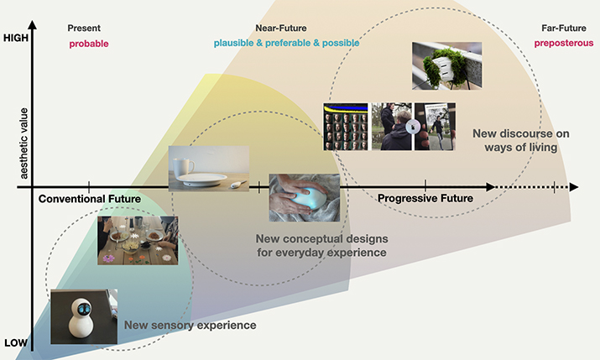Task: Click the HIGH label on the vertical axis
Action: pos(16,38)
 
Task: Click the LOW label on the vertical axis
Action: pos(16,342)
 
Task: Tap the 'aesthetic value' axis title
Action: pos(23,143)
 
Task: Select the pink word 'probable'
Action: pos(89,44)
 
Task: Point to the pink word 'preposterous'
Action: pos(564,44)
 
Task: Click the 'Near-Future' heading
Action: pos(281,29)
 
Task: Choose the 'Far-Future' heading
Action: pos(564,29)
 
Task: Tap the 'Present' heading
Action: pos(84,29)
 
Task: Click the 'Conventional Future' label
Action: pos(90,199)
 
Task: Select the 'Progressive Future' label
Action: pos(425,198)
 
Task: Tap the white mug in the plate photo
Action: pos(183,168)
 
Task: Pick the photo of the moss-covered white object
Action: pos(447,65)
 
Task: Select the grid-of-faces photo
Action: pos(346,127)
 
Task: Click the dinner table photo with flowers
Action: pos(138,240)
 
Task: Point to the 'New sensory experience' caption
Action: pos(190,326)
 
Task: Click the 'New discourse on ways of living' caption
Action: pos(521,140)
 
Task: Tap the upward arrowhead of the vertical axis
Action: pos(33,25)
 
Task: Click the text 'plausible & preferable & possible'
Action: pos(286,44)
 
